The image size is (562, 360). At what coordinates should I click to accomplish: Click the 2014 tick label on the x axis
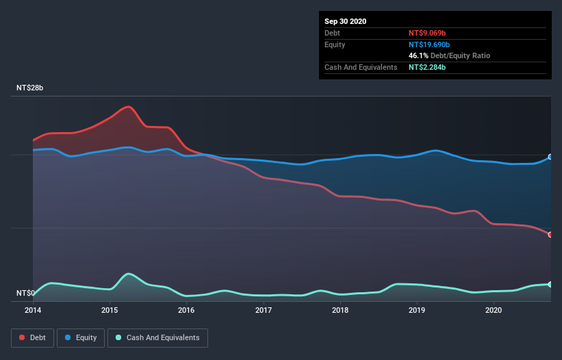pos(33,311)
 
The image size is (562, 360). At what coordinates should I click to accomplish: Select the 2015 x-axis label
pos(110,311)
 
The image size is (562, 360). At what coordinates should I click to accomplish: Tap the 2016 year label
pos(186,311)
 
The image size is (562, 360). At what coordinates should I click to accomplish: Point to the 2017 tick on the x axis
pos(264,311)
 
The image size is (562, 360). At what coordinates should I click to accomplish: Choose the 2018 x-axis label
pos(340,311)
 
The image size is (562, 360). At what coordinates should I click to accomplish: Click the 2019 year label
pos(417,311)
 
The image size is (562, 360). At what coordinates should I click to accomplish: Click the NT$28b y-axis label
pos(30,88)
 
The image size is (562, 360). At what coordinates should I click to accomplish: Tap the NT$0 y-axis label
pos(25,294)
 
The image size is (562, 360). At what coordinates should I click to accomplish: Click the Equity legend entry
pos(81,337)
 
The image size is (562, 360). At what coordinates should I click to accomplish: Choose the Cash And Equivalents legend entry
pos(157,337)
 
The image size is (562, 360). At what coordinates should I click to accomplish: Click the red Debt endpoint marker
pos(550,235)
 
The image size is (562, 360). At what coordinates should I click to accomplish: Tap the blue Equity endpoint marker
pos(550,157)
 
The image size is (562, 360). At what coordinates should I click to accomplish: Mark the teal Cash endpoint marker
pos(550,284)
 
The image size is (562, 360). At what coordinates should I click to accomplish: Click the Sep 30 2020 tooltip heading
pos(345,21)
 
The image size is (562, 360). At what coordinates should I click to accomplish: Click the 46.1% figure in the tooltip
pos(418,55)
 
